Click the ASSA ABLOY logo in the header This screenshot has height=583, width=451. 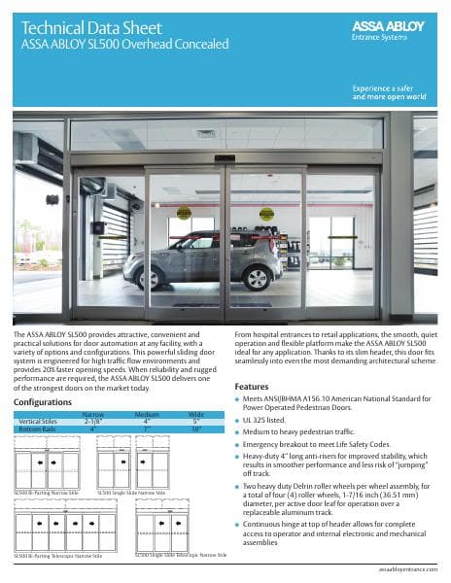pos(395,25)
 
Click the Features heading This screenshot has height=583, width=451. pos(252,386)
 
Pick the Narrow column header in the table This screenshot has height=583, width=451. pos(93,413)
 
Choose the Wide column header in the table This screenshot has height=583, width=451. pos(194,413)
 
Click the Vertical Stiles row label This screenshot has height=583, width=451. pos(39,420)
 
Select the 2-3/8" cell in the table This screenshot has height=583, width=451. pos(93,420)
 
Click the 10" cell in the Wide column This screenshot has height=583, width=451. pos(194,428)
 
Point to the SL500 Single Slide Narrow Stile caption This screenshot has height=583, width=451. pos(130,494)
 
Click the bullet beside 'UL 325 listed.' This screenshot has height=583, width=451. pos(238,414)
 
